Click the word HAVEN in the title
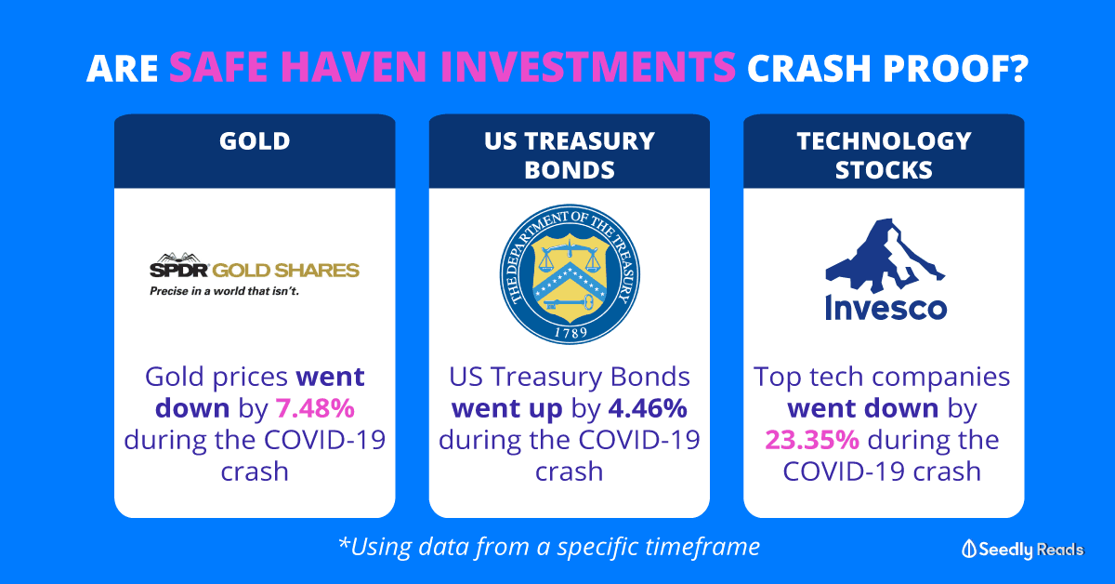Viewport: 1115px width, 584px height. tap(353, 67)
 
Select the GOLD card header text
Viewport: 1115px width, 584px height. tap(255, 141)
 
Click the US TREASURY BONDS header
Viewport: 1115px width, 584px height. tap(570, 155)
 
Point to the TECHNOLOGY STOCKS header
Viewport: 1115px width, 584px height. tap(884, 155)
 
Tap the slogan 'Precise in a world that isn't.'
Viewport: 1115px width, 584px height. tap(225, 291)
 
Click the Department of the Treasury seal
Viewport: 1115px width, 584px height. tap(570, 274)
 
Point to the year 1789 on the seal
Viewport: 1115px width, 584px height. tap(571, 332)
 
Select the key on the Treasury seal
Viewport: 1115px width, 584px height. tap(569, 302)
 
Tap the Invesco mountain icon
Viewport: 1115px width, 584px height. tap(885, 255)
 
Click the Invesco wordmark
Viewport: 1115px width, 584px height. tap(885, 308)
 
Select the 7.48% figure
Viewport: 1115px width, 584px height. tap(315, 408)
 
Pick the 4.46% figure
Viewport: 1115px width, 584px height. tap(648, 408)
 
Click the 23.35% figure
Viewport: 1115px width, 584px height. tap(812, 440)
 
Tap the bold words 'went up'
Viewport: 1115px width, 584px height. tap(506, 408)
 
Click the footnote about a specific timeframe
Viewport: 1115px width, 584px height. tap(549, 547)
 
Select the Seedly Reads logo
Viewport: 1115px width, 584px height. tap(1023, 549)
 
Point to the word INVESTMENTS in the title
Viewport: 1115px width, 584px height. tap(588, 67)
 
